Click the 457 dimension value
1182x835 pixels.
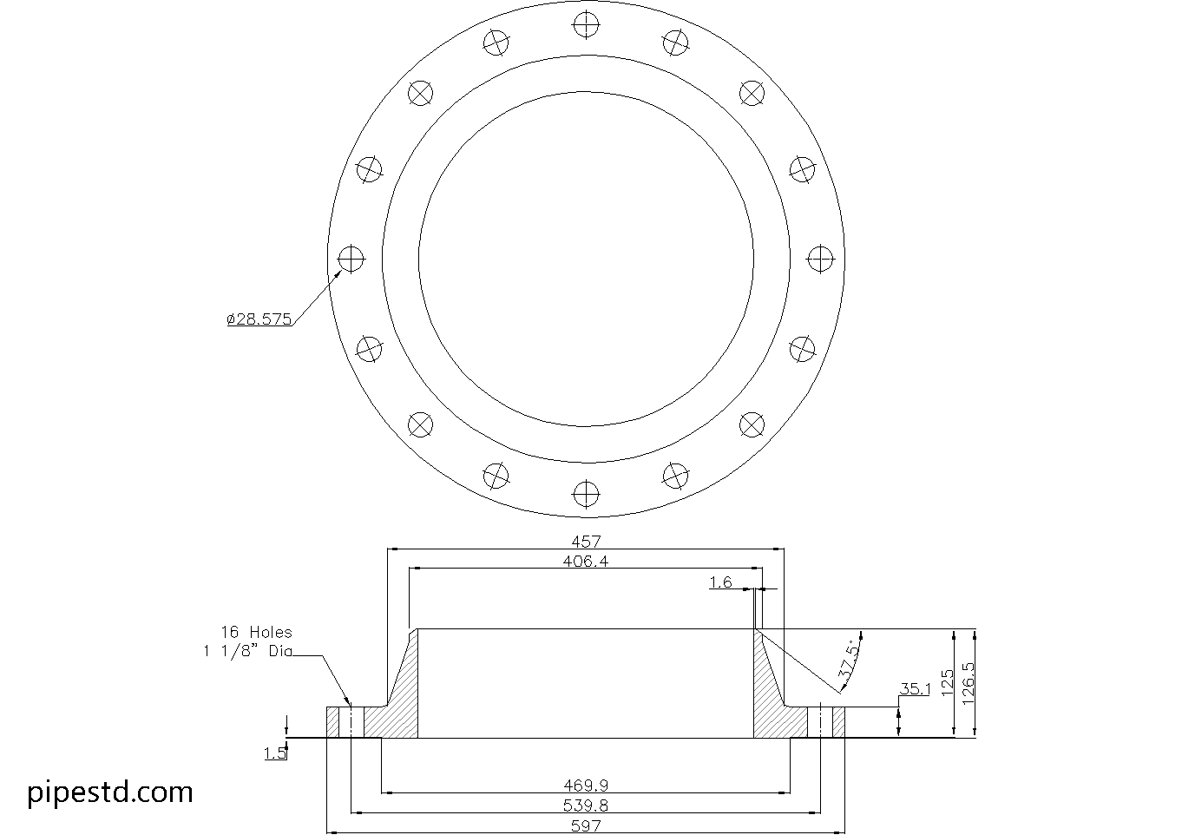[587, 542]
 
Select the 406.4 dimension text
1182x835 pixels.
[586, 562]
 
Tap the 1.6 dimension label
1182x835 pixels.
[720, 583]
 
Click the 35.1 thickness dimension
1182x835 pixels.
[915, 689]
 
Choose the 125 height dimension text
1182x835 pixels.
[946, 680]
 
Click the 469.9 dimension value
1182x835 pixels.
[586, 786]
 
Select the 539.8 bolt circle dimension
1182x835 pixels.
[586, 806]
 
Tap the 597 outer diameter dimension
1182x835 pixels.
[587, 826]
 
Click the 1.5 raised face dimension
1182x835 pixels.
[275, 754]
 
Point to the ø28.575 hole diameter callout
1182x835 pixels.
[259, 319]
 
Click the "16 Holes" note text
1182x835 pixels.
[256, 633]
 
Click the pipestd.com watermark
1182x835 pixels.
[110, 792]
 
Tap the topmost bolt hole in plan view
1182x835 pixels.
[587, 25]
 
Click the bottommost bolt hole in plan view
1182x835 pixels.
[587, 495]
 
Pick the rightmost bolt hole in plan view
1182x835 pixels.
[820, 259]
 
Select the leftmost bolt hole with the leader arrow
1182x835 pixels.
[351, 259]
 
